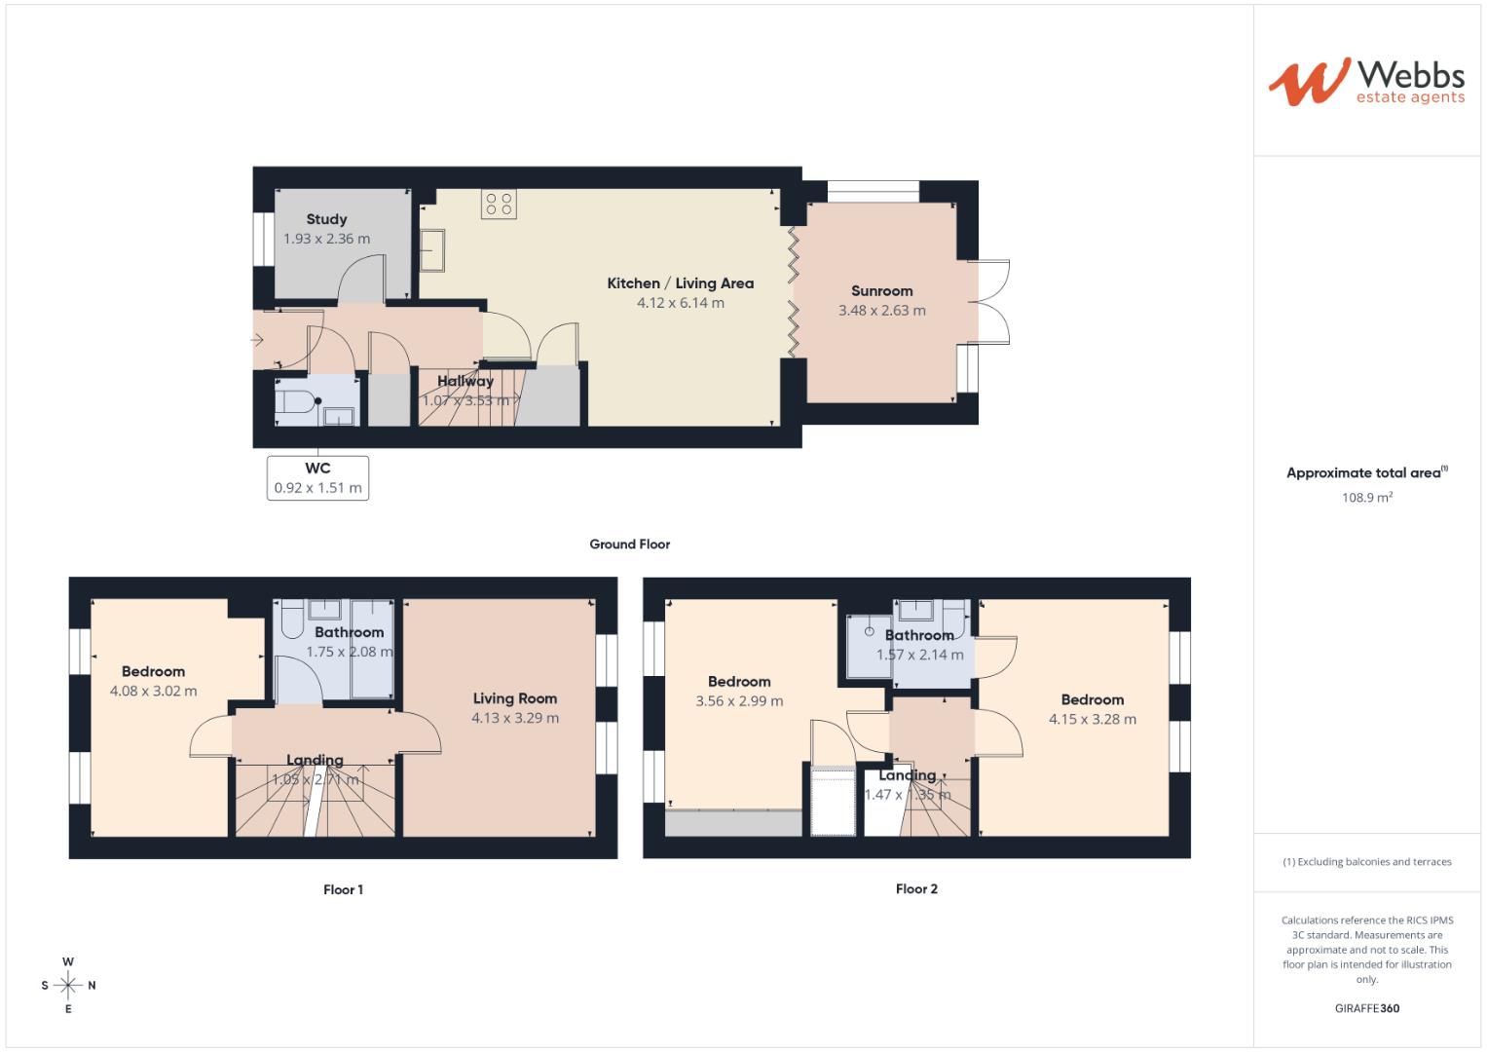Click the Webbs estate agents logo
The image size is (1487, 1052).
[x=1365, y=82]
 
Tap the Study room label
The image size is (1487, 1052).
[x=326, y=219]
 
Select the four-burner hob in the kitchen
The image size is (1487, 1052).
[x=499, y=204]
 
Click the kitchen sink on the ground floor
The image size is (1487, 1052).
[x=432, y=250]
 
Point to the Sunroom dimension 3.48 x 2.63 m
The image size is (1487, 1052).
[x=881, y=311]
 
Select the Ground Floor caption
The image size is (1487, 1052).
[x=629, y=545]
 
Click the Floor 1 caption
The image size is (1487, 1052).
[x=343, y=889]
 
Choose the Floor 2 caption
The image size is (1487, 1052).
[x=916, y=888]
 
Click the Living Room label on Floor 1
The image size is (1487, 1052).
[x=515, y=698]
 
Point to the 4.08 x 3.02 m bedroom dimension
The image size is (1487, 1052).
[x=154, y=692]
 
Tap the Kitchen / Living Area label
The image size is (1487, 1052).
[x=680, y=283]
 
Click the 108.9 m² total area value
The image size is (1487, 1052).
[x=1366, y=498]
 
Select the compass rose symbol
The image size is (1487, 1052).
[x=68, y=985]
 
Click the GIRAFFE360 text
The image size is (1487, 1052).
[x=1366, y=1008]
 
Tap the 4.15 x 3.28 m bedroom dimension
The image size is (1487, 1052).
[x=1092, y=720]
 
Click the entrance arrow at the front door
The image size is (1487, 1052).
[x=257, y=340]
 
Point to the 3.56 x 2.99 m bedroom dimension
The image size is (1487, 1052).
[x=739, y=701]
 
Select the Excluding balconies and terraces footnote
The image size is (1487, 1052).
[x=1366, y=862]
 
